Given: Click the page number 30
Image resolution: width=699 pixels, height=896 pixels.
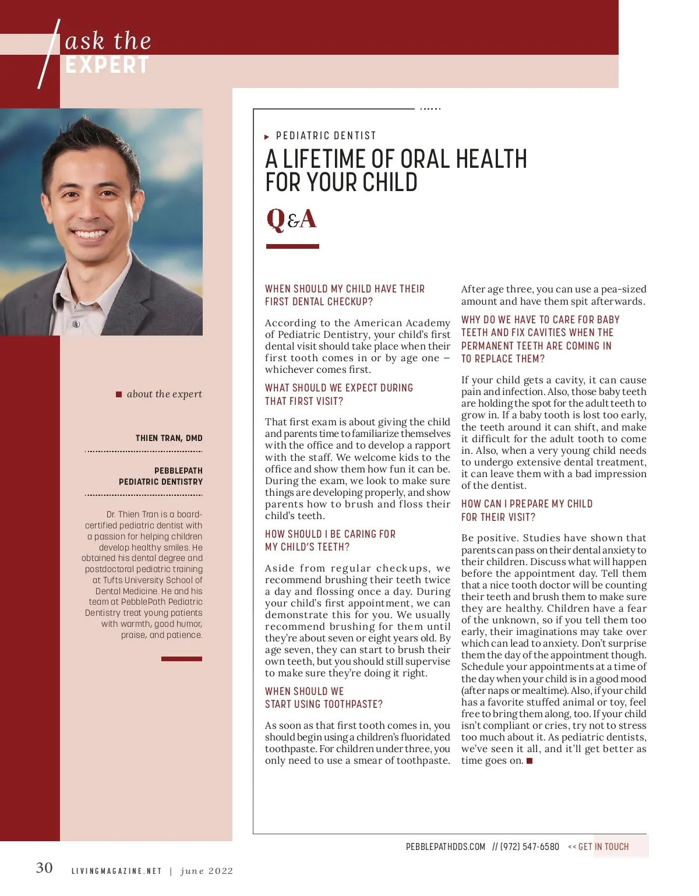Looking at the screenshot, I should point(44,868).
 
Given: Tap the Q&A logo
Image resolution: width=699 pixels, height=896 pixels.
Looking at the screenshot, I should point(291,220).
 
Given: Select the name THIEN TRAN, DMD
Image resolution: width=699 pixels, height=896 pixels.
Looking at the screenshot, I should point(169,438).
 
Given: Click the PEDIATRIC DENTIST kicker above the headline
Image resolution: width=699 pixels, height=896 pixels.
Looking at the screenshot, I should point(326,136).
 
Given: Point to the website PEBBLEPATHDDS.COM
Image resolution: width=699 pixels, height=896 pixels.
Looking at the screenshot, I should point(446,846).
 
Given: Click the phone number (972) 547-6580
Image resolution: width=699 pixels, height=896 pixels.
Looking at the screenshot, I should point(529,846).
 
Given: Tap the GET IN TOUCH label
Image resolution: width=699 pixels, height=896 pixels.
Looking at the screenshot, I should point(603,846).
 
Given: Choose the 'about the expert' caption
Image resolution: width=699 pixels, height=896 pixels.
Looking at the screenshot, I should point(164,394).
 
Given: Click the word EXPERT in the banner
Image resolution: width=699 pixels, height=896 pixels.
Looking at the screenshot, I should point(107,65).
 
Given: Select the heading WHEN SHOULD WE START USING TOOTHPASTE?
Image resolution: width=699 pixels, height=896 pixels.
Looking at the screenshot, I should point(324,697).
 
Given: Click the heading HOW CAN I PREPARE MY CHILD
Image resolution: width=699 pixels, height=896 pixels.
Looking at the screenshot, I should point(527,510).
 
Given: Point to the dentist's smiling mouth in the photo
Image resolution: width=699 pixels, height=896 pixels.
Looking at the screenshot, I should point(90,234).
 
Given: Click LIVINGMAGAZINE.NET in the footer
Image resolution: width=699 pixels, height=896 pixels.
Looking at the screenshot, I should point(116,871).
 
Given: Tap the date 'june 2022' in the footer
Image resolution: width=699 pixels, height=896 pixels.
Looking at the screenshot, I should point(207,871).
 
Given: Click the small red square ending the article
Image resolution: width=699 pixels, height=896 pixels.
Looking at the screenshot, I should point(529,761).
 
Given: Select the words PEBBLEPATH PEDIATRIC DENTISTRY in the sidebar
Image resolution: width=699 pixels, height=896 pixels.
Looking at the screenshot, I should point(161,476).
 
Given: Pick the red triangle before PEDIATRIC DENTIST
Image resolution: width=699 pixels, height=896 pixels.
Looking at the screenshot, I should point(267,137).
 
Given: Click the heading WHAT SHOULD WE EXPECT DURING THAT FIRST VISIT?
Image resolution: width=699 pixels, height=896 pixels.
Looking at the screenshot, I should point(339,394).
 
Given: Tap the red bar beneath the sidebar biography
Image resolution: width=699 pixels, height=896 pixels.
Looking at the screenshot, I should point(182,659).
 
